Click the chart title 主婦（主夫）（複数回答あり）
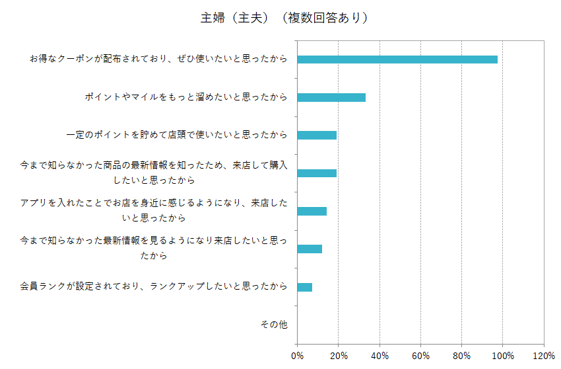point(284,18)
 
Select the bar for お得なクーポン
point(397,60)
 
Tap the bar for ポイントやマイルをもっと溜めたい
point(331,97)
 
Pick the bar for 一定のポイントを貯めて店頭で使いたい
point(317,135)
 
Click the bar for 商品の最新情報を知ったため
point(317,173)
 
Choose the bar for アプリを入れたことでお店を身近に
point(312,211)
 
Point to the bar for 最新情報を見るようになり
point(310,249)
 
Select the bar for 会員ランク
point(305,287)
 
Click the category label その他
point(274,325)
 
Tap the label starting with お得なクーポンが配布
point(158,60)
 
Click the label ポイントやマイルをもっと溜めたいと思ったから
point(186,97)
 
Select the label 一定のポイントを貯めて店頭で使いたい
point(177,135)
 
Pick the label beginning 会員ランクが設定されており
point(154,287)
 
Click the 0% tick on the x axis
point(298,356)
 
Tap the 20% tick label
point(339,356)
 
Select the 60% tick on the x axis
point(420,356)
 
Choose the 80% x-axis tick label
point(461,356)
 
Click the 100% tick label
point(502,356)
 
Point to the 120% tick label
point(543,356)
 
